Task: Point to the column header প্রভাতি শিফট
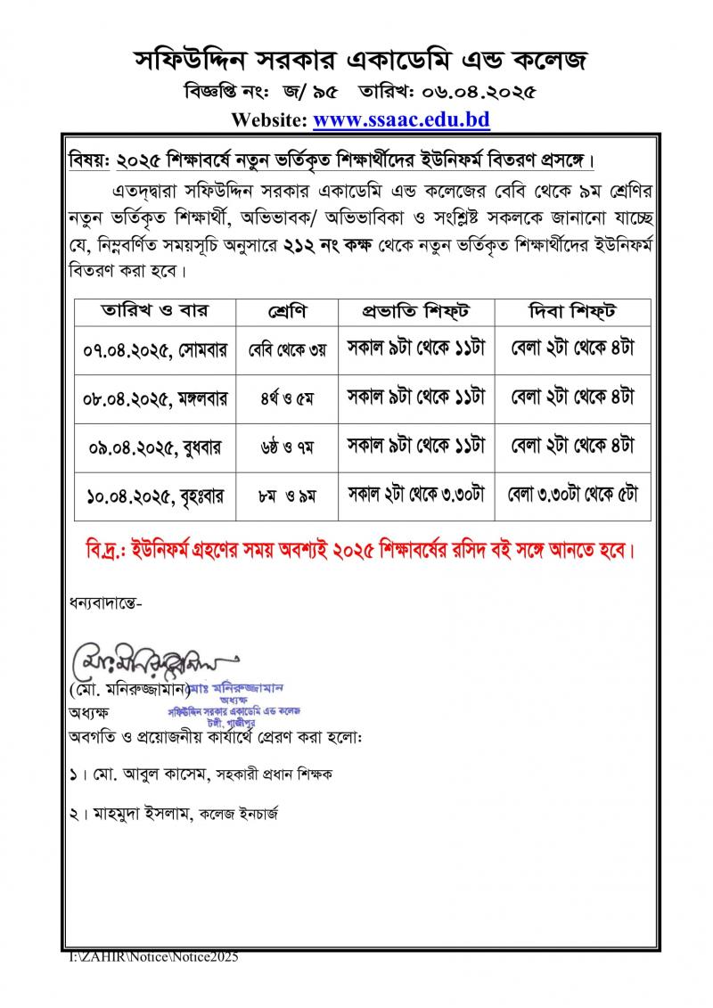pyautogui.click(x=414, y=312)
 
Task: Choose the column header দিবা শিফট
pyautogui.click(x=573, y=312)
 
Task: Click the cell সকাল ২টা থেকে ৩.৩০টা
pyautogui.click(x=414, y=494)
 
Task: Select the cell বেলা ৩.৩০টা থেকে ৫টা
pyautogui.click(x=573, y=494)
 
